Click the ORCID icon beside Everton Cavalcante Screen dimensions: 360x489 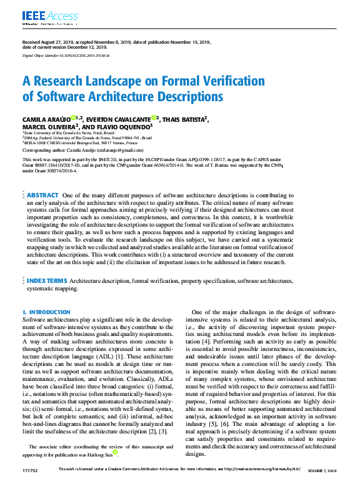[153, 117]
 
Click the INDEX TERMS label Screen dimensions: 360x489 [47, 282]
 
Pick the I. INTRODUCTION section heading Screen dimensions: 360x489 [46, 312]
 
